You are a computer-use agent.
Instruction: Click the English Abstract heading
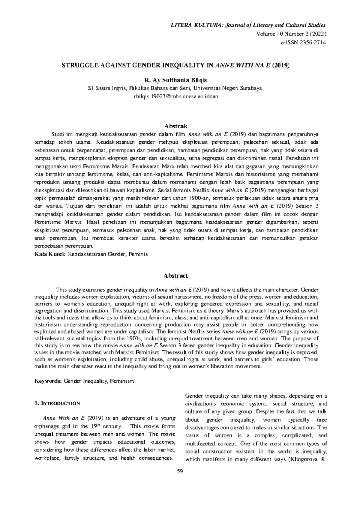pyautogui.click(x=175, y=275)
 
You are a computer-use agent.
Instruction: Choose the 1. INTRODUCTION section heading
pyautogui.click(x=57, y=403)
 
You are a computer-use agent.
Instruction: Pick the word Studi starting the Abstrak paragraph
pyautogui.click(x=58, y=134)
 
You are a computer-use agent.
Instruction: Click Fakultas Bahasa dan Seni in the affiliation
pyautogui.click(x=160, y=88)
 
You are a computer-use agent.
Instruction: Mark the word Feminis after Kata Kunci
pyautogui.click(x=139, y=254)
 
